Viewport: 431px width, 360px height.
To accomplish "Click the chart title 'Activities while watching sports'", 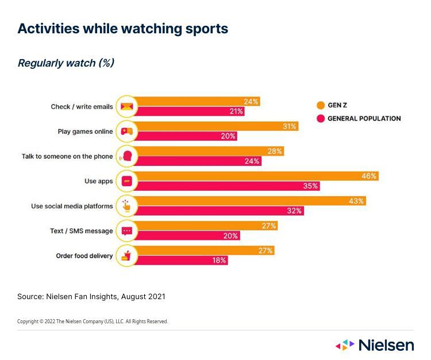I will [x=122, y=29].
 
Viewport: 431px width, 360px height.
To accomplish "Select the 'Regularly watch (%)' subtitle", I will [x=66, y=63].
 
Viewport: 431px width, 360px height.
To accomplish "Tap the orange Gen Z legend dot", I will [x=320, y=106].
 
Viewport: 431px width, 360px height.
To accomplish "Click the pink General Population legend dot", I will [x=320, y=119].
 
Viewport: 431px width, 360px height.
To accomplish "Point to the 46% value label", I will [x=369, y=176].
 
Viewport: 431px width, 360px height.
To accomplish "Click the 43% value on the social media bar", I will [x=356, y=201].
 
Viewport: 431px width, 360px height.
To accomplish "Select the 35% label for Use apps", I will [x=311, y=186].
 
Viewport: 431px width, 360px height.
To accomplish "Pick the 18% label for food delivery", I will [x=219, y=260].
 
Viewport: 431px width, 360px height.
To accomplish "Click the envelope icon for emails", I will [x=126, y=106].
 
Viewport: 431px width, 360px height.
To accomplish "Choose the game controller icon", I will [x=126, y=131].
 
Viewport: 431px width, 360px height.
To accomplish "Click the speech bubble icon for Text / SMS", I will [x=126, y=231].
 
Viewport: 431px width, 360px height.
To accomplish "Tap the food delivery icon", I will [x=126, y=256].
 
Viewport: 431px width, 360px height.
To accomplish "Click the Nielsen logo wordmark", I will [x=386, y=345].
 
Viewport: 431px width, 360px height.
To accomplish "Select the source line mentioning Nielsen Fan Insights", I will [x=91, y=296].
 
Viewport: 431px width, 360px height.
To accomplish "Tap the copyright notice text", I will [x=93, y=322].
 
